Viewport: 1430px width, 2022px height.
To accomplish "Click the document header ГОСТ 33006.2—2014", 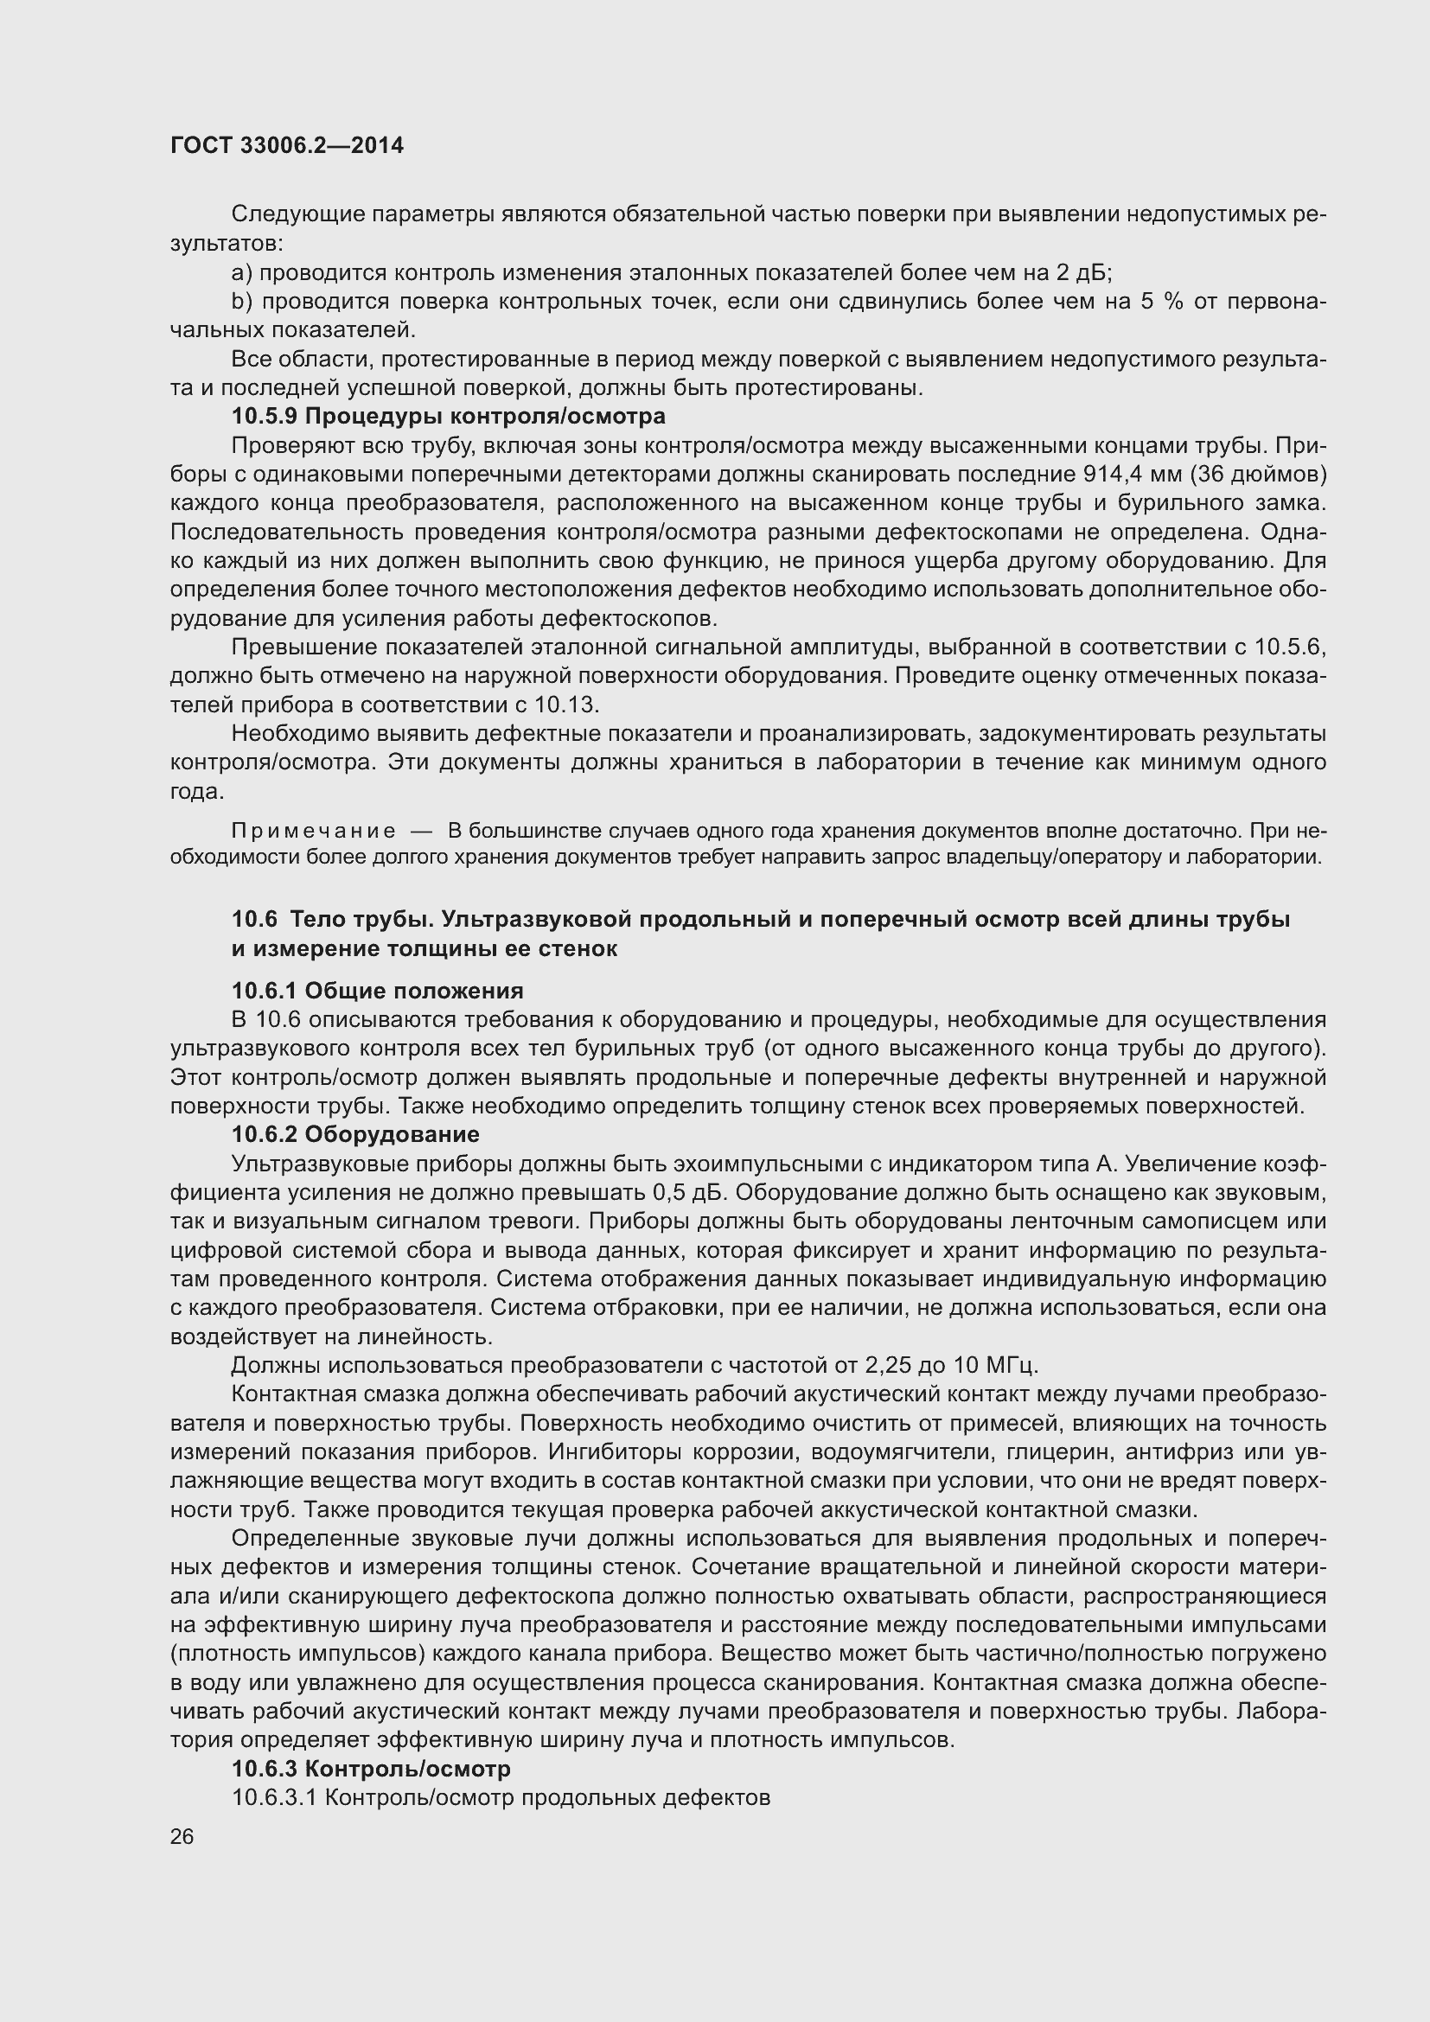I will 287,145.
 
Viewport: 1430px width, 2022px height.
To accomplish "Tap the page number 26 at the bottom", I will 182,1836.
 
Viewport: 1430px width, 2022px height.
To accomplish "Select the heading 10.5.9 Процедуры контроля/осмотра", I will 448,416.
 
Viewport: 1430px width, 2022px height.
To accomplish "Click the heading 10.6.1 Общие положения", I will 377,991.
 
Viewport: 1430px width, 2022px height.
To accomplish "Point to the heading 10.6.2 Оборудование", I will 354,1134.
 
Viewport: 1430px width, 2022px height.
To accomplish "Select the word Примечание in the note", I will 313,831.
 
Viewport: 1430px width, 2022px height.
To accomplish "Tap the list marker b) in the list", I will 242,301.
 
